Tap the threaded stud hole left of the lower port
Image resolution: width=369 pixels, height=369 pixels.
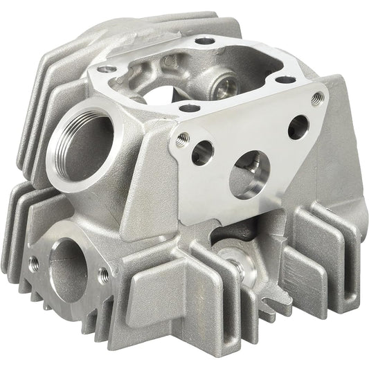pos(33,262)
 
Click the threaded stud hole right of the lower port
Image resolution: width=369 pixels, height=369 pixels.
pos(103,272)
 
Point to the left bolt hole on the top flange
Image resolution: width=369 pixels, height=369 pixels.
pos(105,70)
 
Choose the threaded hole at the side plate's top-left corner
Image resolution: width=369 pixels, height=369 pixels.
pos(182,138)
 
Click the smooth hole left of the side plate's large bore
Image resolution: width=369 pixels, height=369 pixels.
pos(204,153)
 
